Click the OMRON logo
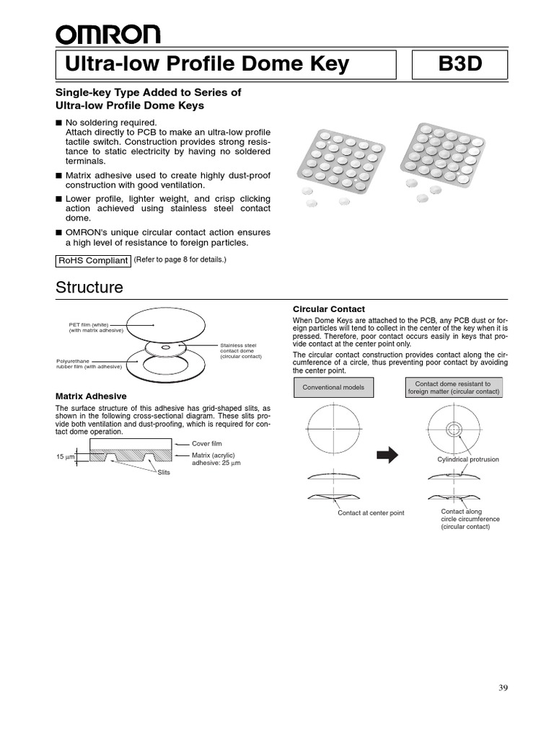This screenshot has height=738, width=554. (x=108, y=34)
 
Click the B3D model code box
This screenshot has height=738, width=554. (x=460, y=65)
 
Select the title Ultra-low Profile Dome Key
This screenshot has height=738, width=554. (x=207, y=65)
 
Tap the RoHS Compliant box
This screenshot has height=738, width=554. (x=93, y=261)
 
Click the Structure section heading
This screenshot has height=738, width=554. (x=89, y=288)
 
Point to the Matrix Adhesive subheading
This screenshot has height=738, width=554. (x=91, y=396)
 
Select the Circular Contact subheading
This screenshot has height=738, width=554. (x=328, y=309)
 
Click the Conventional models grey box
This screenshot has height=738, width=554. (x=333, y=388)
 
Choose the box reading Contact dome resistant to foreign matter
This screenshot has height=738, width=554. (x=454, y=388)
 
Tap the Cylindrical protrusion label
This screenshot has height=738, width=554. (x=467, y=459)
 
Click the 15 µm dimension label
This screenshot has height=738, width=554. (x=66, y=458)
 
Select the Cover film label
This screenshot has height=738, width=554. (x=206, y=445)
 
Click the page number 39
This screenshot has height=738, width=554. (x=503, y=688)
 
